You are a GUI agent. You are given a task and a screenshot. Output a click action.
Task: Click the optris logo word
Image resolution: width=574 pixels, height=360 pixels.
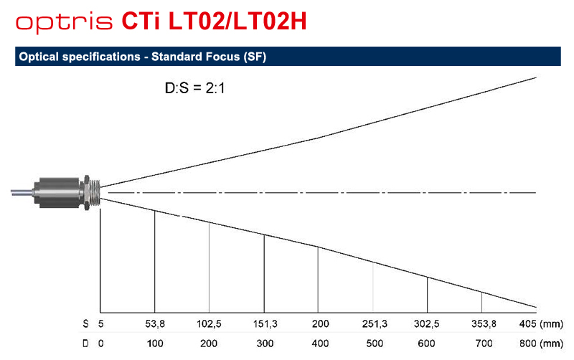tap(64, 23)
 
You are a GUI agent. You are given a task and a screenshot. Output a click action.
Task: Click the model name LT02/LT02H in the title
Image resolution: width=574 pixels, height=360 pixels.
tap(237, 22)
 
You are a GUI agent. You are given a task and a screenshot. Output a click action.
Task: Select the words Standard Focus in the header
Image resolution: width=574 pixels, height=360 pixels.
tap(195, 57)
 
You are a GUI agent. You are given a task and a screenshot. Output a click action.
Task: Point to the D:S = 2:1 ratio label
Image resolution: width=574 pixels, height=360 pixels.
tap(194, 88)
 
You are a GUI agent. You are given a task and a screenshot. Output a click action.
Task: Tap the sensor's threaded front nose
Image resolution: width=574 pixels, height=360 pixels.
tap(95, 192)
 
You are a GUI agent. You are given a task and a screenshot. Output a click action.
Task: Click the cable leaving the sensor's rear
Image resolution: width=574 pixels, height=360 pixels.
tap(22, 192)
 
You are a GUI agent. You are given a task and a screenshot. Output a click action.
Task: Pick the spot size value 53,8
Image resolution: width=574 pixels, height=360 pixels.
tap(155, 323)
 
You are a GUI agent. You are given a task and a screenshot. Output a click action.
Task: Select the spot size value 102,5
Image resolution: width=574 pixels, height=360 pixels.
tap(209, 323)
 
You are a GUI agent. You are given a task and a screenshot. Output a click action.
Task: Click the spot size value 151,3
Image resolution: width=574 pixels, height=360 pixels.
tap(265, 323)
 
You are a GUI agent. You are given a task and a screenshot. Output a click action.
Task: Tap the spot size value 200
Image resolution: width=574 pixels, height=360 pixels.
tap(320, 323)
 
